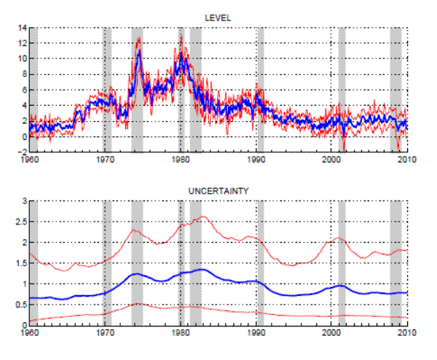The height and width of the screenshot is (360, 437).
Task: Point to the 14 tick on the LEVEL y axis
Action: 21,28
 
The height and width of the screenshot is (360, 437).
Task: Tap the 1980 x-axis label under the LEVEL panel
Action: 181,159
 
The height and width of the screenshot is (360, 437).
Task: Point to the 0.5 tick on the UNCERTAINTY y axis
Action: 19,305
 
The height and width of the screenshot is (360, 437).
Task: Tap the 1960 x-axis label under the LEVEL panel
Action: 29,159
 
